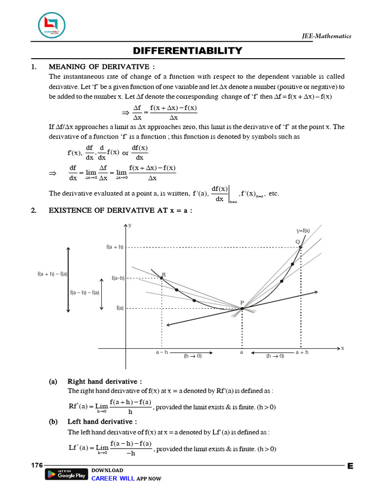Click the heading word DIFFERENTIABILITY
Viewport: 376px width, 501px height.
(188, 50)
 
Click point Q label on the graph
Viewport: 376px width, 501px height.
(297, 242)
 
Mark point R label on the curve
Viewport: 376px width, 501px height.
(164, 274)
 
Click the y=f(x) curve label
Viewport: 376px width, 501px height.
(303, 230)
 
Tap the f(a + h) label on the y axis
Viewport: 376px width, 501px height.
(115, 248)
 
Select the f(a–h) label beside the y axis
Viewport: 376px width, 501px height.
(118, 278)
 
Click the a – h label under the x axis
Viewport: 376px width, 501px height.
(162, 352)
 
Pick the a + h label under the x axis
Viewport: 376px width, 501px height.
(302, 352)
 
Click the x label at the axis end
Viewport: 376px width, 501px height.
(343, 348)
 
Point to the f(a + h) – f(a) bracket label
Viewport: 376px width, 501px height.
(52, 274)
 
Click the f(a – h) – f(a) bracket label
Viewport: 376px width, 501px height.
(84, 293)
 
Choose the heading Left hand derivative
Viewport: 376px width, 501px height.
(102, 422)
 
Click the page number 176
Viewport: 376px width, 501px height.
(37, 465)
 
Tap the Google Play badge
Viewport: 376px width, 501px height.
(66, 475)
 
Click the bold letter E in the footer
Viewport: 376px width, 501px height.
(350, 466)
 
